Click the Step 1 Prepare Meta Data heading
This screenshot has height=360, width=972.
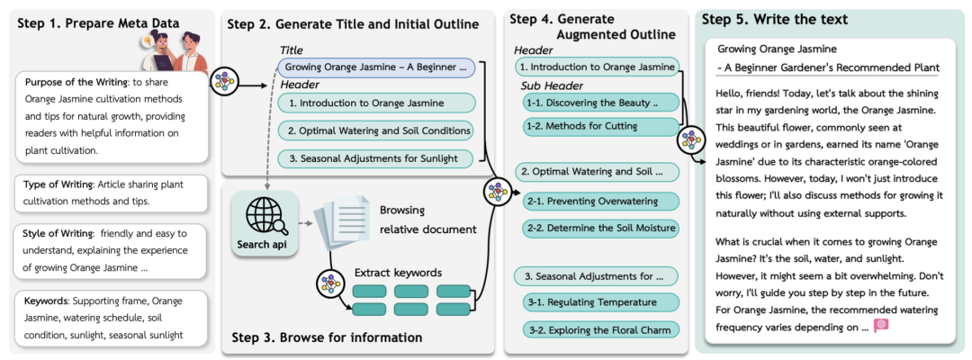pyautogui.click(x=99, y=23)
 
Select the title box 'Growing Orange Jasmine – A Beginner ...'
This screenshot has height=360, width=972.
pyautogui.click(x=376, y=67)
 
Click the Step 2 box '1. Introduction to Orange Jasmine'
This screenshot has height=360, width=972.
pyautogui.click(x=376, y=103)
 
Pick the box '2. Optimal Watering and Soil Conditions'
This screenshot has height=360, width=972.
pyautogui.click(x=376, y=130)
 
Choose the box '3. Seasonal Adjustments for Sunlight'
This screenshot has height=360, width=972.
pyautogui.click(x=376, y=158)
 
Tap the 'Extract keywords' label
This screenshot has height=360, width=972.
pyautogui.click(x=398, y=273)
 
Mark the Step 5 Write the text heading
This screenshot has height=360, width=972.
pyautogui.click(x=775, y=19)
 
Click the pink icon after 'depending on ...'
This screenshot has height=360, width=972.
pyautogui.click(x=881, y=325)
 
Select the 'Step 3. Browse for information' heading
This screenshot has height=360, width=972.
pyautogui.click(x=327, y=337)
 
